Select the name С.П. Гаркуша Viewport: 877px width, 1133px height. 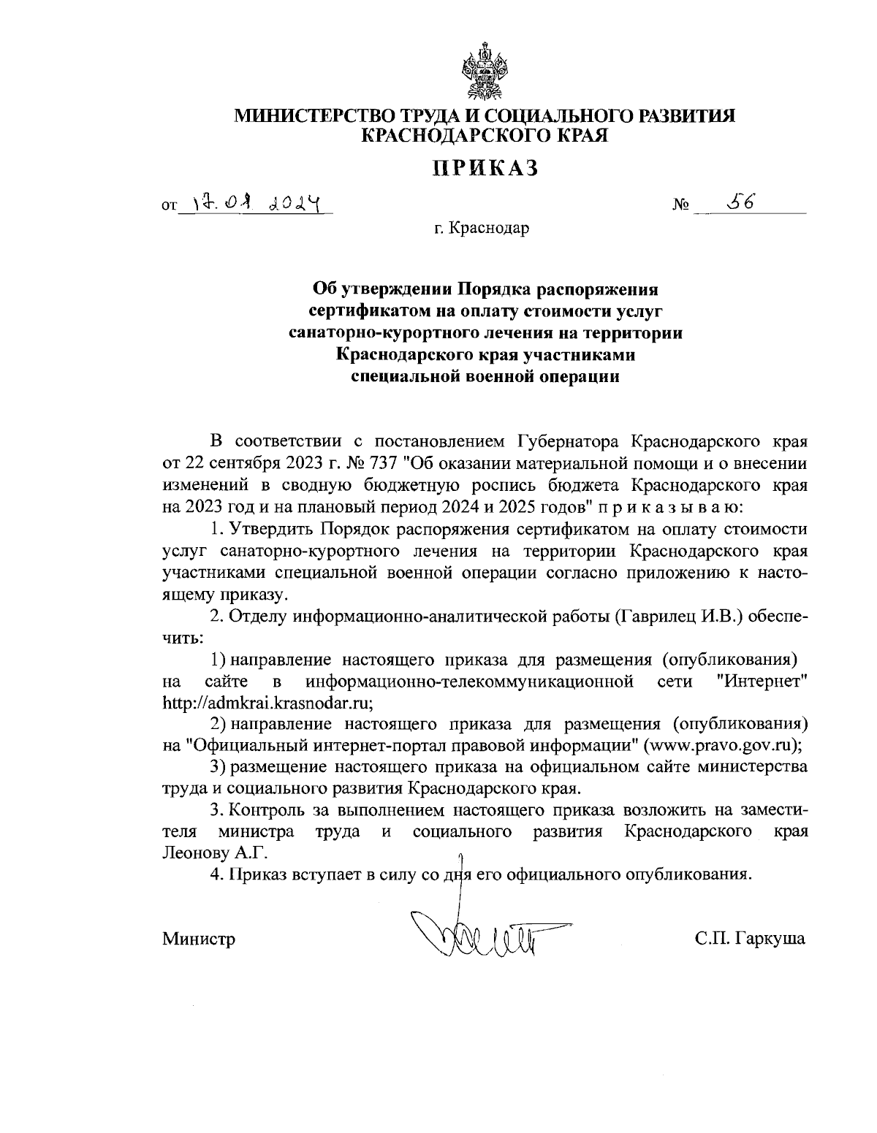[750, 938]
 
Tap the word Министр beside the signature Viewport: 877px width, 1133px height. [199, 939]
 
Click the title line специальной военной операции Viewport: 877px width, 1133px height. [485, 377]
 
